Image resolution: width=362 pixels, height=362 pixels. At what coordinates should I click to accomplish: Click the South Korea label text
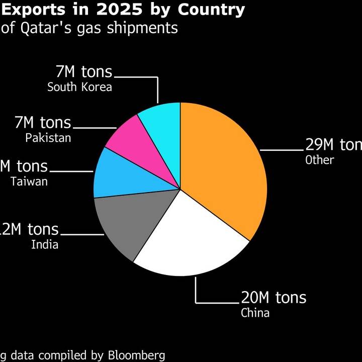pos(79,87)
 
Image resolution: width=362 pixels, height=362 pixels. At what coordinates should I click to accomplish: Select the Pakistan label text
pos(48,137)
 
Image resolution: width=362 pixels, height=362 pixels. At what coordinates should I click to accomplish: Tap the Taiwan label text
pos(29,181)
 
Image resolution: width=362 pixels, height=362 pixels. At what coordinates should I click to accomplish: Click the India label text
pos(45,245)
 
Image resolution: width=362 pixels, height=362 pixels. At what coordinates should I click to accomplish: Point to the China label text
pos(255,313)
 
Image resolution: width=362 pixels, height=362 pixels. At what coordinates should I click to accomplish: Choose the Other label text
pos(319,160)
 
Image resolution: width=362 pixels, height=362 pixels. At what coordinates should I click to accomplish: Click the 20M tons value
pos(273,298)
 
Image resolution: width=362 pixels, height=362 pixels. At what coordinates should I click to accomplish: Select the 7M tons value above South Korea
pos(84,72)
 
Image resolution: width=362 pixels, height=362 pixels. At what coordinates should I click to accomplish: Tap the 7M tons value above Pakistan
pos(43,123)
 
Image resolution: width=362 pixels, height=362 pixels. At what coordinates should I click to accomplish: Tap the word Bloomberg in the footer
pos(136,355)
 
